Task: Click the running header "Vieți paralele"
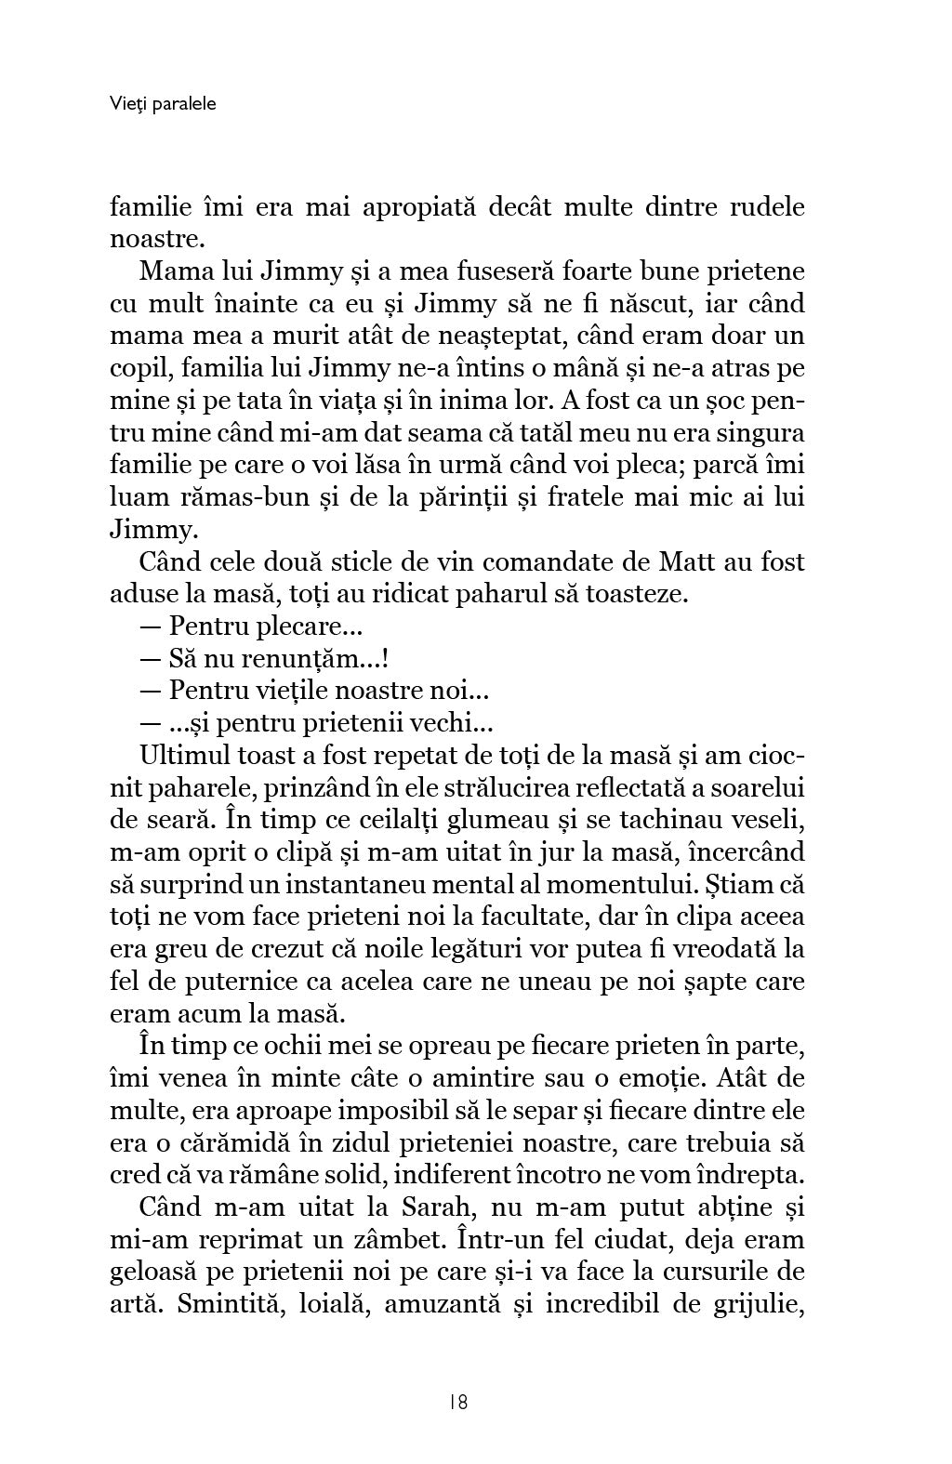[163, 104]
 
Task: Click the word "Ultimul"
[187, 755]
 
